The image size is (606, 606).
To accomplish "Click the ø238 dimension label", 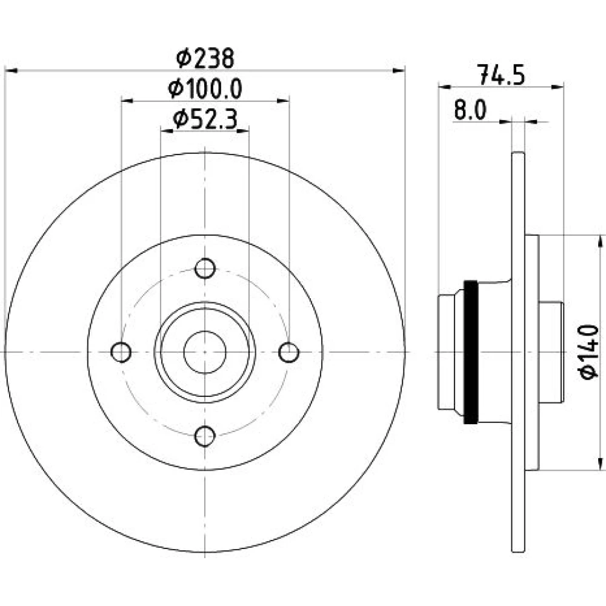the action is tap(205, 58).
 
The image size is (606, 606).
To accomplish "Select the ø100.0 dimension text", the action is tap(205, 89).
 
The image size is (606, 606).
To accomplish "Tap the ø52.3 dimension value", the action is tap(205, 119).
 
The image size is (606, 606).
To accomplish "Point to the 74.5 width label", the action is tap(501, 75).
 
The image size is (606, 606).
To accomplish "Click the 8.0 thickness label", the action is tap(470, 110).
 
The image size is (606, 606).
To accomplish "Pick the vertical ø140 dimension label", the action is tap(588, 352).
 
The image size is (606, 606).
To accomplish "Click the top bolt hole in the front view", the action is tap(205, 268).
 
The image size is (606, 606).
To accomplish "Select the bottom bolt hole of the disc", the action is tap(205, 436).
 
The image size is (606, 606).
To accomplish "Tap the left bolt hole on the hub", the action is tap(121, 352).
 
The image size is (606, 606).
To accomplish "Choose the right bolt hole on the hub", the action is tap(288, 352).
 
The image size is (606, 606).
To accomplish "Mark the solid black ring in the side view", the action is tap(471, 351).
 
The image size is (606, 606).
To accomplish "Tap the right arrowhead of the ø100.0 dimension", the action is tap(283, 101).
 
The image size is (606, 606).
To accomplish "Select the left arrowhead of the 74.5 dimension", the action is tap(445, 87).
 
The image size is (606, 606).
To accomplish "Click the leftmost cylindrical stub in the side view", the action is tap(446, 351).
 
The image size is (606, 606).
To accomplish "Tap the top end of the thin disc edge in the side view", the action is tap(518, 153).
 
